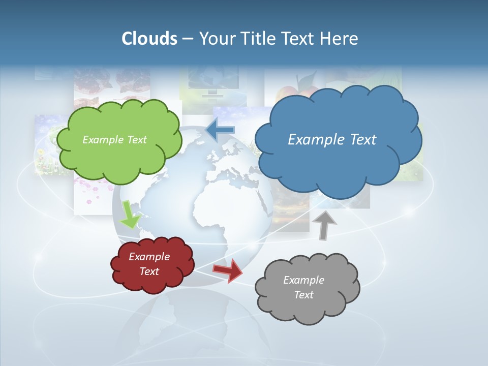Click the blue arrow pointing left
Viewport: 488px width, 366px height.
pos(220,130)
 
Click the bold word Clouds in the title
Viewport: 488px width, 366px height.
pos(149,39)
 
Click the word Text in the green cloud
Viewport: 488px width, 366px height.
pos(137,140)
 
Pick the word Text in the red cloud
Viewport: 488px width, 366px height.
pos(149,271)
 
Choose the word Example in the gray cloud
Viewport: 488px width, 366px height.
pos(303,280)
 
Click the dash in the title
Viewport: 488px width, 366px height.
pos(188,39)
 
